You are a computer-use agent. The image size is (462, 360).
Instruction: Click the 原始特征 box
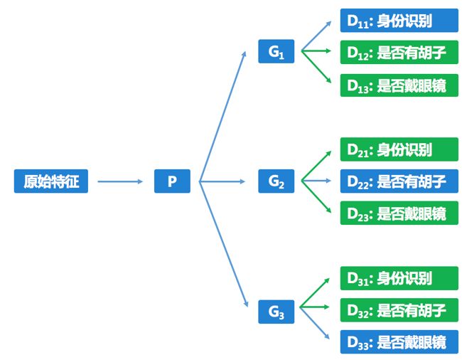click(51, 181)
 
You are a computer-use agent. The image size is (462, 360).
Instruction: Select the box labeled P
click(172, 181)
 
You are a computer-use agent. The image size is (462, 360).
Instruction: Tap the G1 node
click(276, 52)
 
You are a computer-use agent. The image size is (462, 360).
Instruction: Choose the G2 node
click(276, 181)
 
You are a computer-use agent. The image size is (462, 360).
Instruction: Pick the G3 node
click(276, 311)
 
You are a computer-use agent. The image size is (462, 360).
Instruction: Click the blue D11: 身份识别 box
click(399, 21)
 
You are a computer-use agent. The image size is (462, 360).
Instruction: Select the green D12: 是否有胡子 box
click(399, 52)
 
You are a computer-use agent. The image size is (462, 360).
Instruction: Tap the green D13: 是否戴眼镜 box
click(399, 85)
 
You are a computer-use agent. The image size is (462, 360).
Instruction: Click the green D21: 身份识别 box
click(399, 149)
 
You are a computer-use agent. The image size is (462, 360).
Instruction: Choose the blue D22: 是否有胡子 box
click(399, 181)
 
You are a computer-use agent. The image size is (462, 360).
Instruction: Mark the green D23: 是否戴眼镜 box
click(399, 213)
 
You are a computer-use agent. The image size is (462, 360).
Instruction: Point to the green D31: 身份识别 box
click(399, 278)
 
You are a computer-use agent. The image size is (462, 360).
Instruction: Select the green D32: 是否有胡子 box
click(399, 310)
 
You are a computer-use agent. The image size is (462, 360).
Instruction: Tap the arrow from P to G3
click(222, 245)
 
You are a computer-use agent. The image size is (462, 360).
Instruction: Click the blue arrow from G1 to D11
click(316, 36)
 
